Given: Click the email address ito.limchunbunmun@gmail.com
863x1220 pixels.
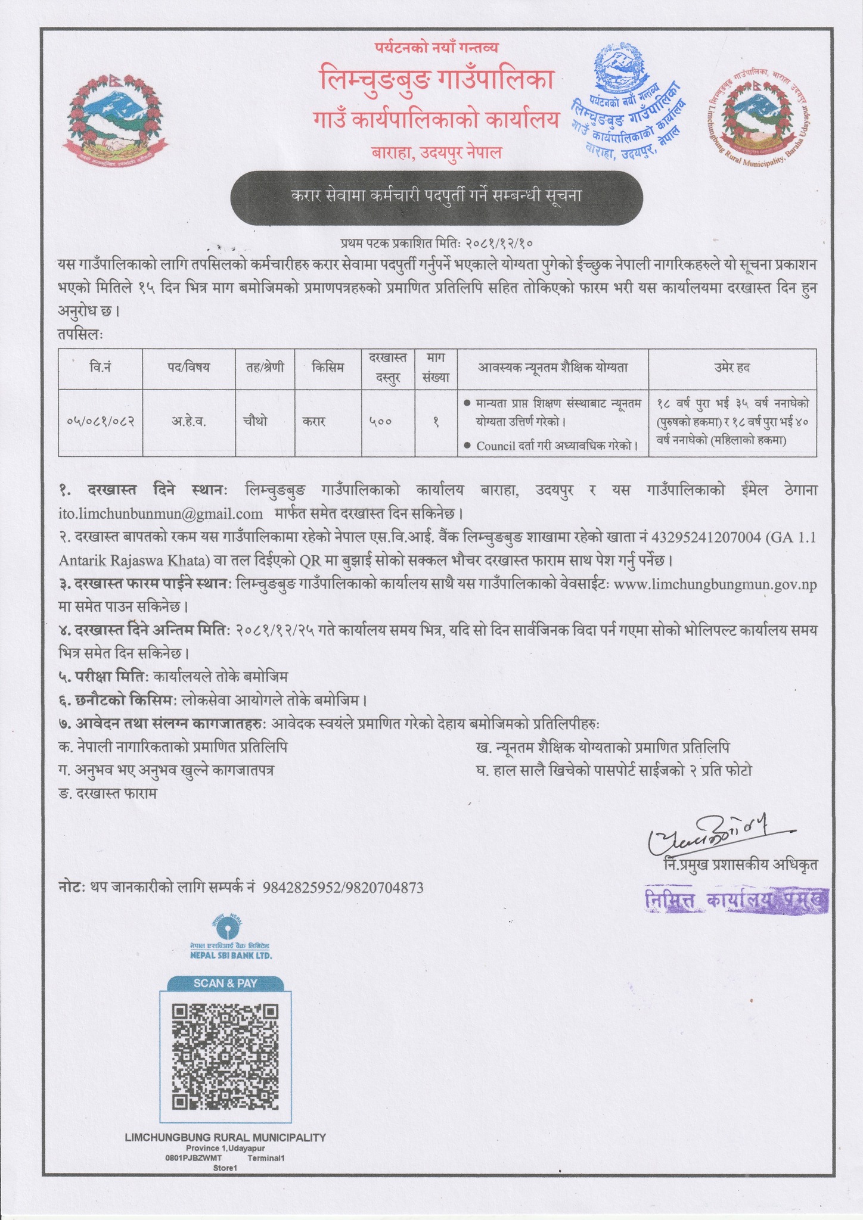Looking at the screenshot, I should click(x=160, y=513).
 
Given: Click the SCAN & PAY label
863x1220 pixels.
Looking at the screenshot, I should click(x=225, y=983).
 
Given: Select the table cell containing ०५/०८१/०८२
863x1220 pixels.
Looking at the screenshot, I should click(x=100, y=422).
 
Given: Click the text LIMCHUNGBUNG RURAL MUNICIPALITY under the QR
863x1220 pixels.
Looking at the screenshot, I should click(x=225, y=1137).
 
